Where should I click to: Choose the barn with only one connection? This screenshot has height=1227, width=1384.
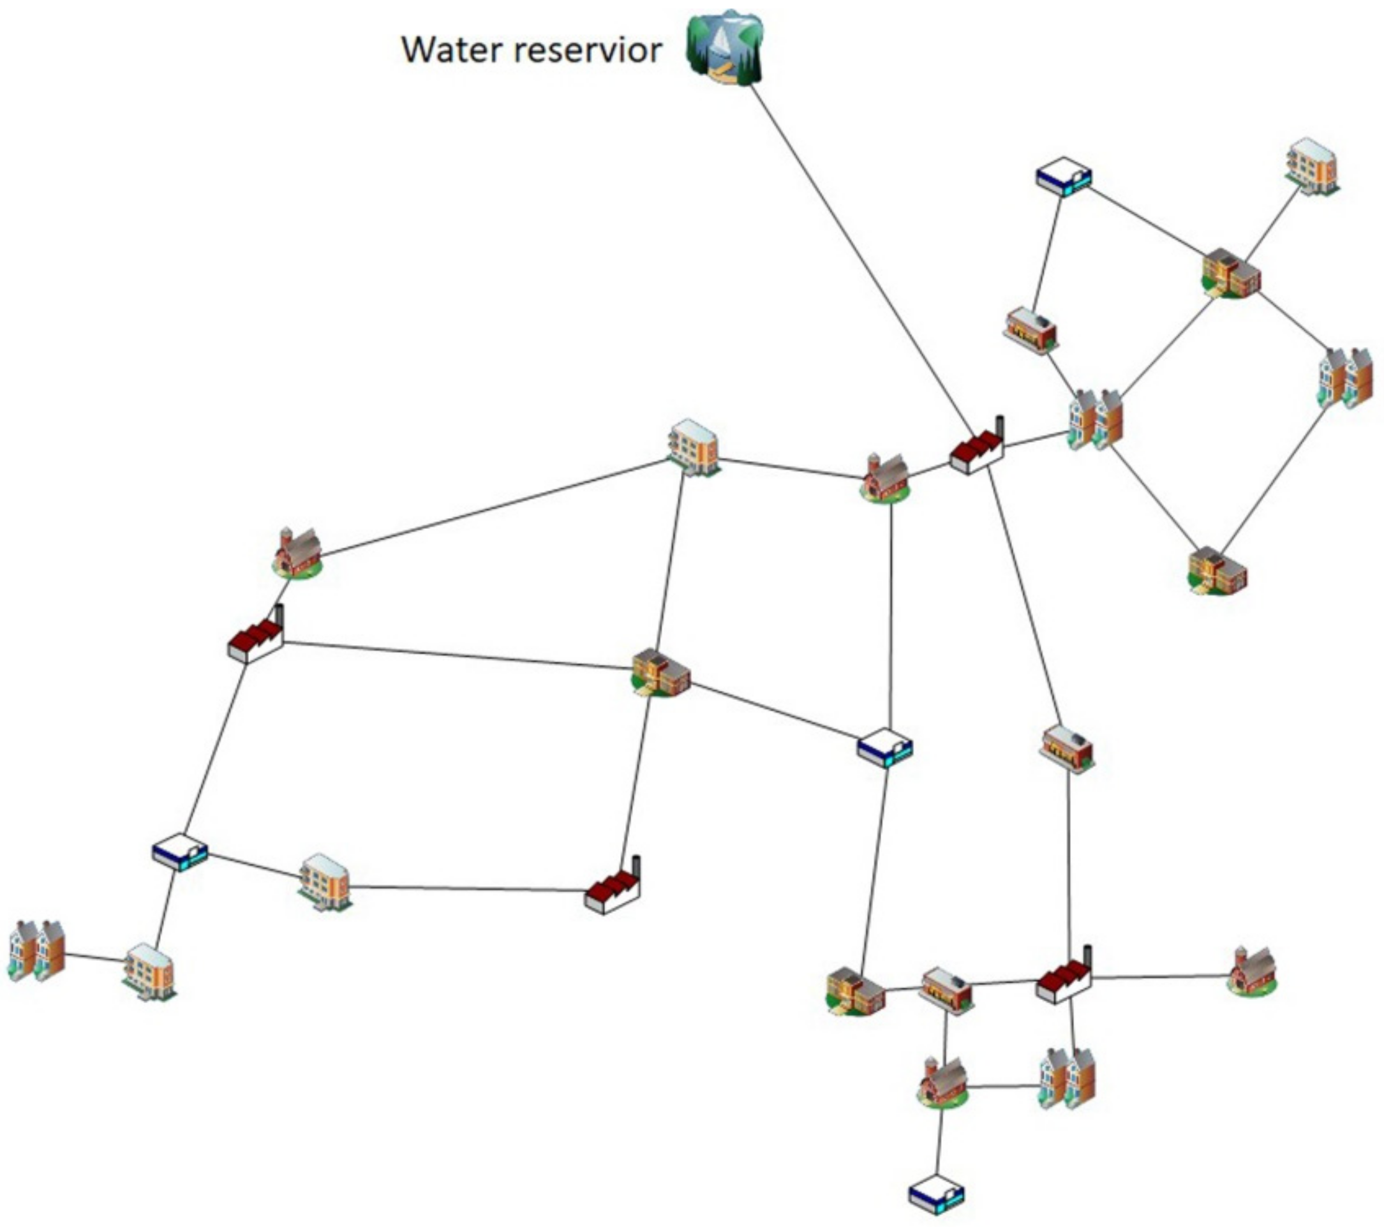[x=1252, y=972]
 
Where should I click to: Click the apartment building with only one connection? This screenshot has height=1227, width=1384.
[x=1313, y=167]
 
